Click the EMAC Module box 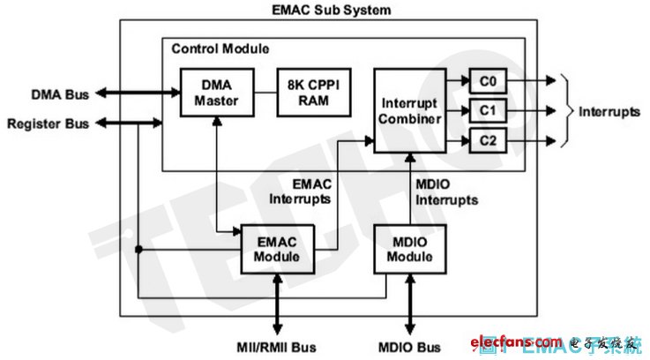coord(278,249)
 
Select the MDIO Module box coord(408,249)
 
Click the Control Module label coord(219,48)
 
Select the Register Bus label coord(49,124)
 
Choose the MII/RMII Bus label coord(278,344)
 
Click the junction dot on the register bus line coord(138,250)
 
